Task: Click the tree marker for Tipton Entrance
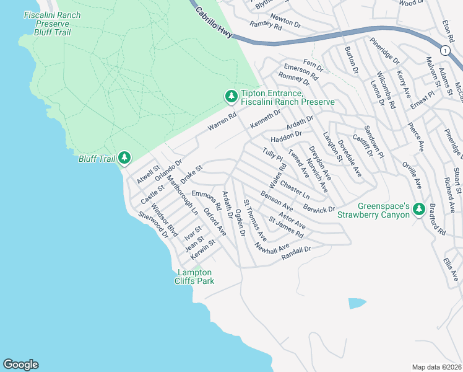(231, 96)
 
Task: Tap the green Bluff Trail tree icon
(124, 158)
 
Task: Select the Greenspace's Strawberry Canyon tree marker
(418, 210)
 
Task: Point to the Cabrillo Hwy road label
(214, 23)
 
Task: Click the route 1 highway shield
(444, 50)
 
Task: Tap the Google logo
(20, 365)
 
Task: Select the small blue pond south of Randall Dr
(357, 303)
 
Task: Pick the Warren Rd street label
(222, 122)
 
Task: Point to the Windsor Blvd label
(165, 221)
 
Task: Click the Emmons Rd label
(206, 200)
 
